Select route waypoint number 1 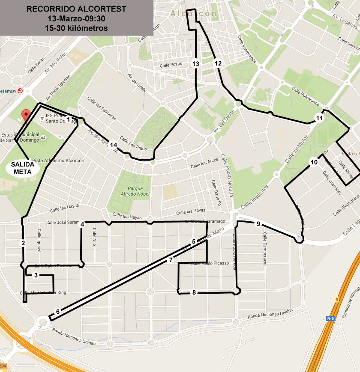tap(69, 120)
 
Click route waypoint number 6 tap(57, 312)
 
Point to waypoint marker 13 tap(196, 64)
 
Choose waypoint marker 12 tap(218, 64)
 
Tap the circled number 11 tap(319, 118)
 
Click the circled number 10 tap(314, 162)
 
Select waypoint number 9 tap(258, 224)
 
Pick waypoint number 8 tap(194, 293)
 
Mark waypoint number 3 tap(36, 275)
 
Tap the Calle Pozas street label tap(171, 65)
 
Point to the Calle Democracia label tap(265, 249)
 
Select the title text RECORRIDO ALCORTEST tap(77, 9)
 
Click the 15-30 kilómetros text tap(77, 28)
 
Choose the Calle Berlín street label tap(36, 65)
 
